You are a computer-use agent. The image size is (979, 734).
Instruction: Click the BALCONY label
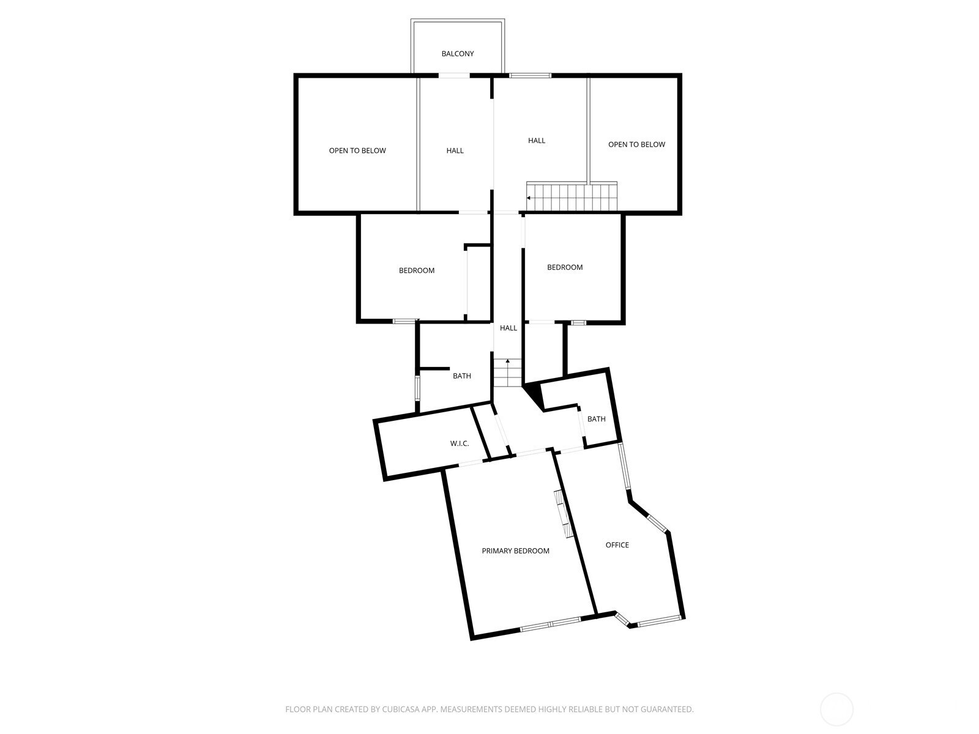pos(457,54)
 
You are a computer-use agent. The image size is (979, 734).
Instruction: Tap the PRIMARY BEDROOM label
pos(515,551)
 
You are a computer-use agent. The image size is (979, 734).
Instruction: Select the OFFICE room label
pos(617,545)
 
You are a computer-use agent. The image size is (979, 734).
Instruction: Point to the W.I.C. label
pos(460,443)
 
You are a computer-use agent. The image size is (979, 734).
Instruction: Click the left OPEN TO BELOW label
pos(357,150)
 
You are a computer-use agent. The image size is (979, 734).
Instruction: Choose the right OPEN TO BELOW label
pos(636,144)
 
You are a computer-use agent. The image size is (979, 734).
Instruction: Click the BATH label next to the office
pos(597,419)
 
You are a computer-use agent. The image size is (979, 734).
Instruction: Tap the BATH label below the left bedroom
pos(461,376)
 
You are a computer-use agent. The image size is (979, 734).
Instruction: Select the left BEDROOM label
pos(417,270)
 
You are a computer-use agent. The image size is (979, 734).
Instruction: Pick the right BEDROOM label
pos(565,267)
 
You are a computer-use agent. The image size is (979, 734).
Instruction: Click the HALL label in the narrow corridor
pos(508,328)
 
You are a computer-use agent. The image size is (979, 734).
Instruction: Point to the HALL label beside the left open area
pos(455,150)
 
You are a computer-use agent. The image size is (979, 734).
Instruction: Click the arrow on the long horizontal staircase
pos(529,198)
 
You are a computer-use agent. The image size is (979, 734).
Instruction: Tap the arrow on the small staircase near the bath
pos(508,361)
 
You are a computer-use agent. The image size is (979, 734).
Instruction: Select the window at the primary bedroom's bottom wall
pos(550,623)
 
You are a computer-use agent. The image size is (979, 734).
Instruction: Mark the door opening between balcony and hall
pos(454,75)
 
